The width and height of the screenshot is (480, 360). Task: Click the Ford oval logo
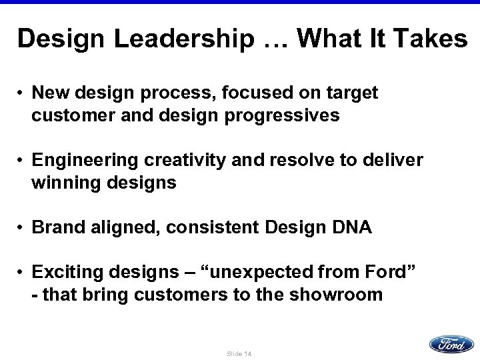pos(451,344)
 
